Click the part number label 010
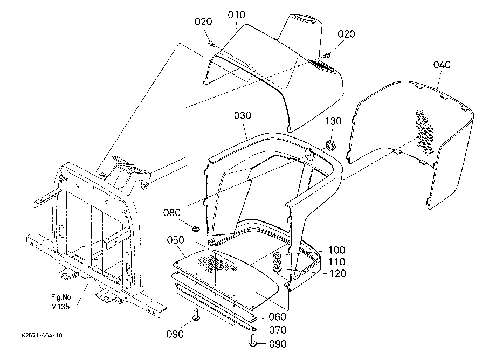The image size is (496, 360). point(237,15)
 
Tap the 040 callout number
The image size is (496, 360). point(442,65)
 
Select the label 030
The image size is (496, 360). point(243,115)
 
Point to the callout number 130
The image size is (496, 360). point(333,121)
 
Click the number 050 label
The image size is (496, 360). point(176,240)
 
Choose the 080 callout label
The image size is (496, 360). point(172,212)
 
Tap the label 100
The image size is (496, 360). point(337,250)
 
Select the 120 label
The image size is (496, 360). point(338,273)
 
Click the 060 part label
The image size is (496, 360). point(278,317)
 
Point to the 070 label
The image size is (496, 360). point(278,330)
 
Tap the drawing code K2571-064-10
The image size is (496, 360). point(42,335)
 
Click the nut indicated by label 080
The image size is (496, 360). point(195,228)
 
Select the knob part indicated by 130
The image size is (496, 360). point(330,146)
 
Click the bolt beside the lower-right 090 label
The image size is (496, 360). point(252,342)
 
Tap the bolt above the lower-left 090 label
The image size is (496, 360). point(196,316)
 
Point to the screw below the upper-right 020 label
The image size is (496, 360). point(327,56)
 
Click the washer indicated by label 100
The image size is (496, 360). point(277,255)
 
